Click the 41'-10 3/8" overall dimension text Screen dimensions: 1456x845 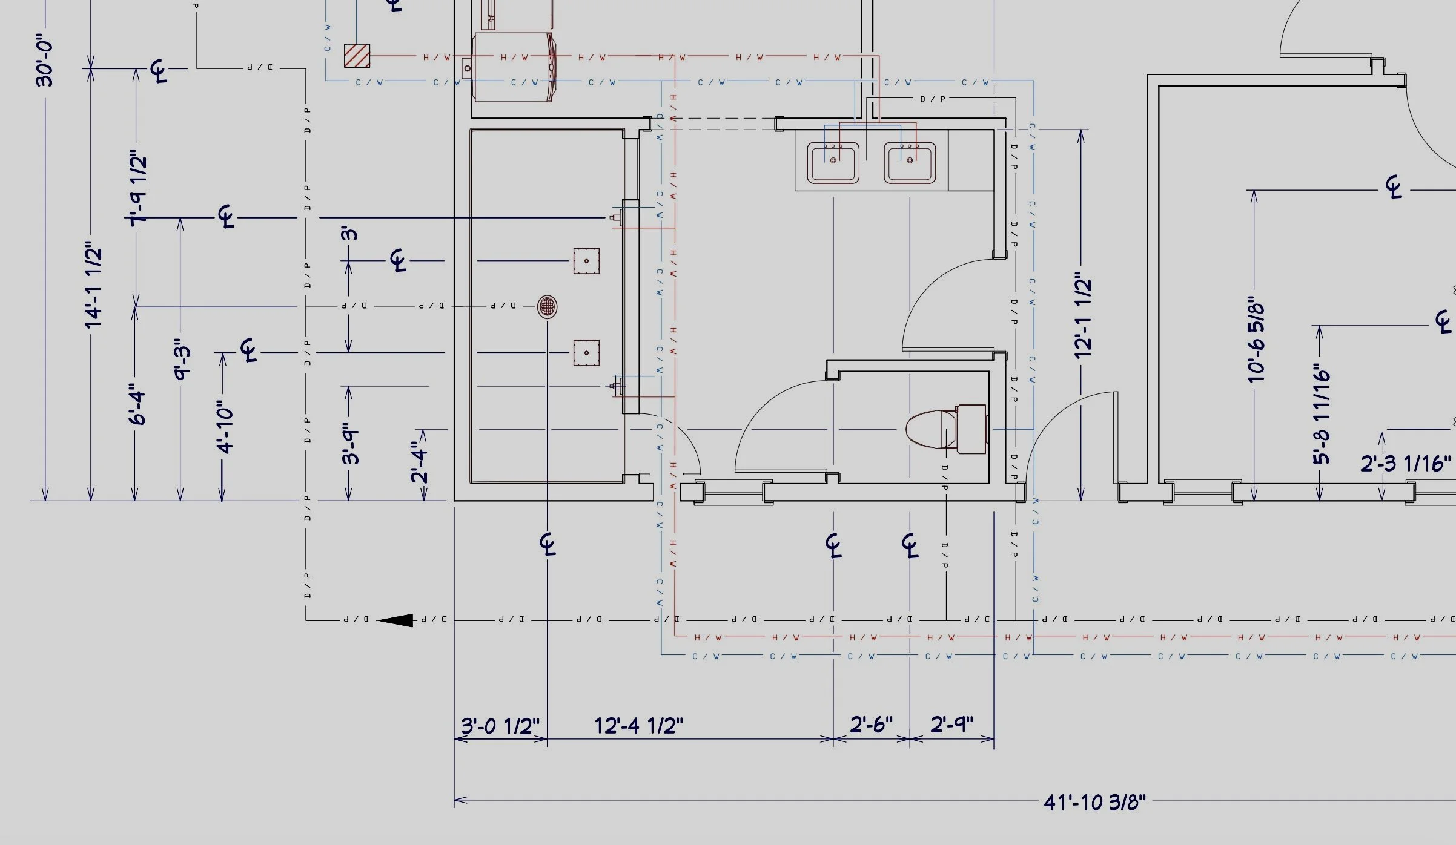pyautogui.click(x=1094, y=802)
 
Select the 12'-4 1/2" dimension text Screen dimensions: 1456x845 pyautogui.click(x=638, y=725)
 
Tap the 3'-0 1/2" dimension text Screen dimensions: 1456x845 pyautogui.click(x=500, y=725)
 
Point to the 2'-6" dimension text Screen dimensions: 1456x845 pyautogui.click(x=871, y=724)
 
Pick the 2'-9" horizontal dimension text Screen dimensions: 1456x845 pyautogui.click(x=951, y=724)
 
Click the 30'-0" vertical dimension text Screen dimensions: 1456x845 pyautogui.click(x=45, y=64)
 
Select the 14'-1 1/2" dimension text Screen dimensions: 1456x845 pyautogui.click(x=94, y=284)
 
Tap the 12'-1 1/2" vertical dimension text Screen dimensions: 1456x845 pyautogui.click(x=1083, y=318)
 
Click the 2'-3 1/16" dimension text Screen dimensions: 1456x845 pyautogui.click(x=1405, y=464)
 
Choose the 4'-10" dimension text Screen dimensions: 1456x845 pyautogui.click(x=225, y=426)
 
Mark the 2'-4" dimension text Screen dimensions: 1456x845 pyautogui.click(x=419, y=462)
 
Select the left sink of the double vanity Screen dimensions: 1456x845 pyautogui.click(x=833, y=162)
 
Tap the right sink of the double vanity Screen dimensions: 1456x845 pyautogui.click(x=909, y=162)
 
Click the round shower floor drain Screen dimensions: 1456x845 pyautogui.click(x=547, y=306)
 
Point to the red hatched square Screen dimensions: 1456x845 pyautogui.click(x=357, y=56)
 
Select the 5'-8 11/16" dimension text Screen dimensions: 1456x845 pyautogui.click(x=1322, y=414)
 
